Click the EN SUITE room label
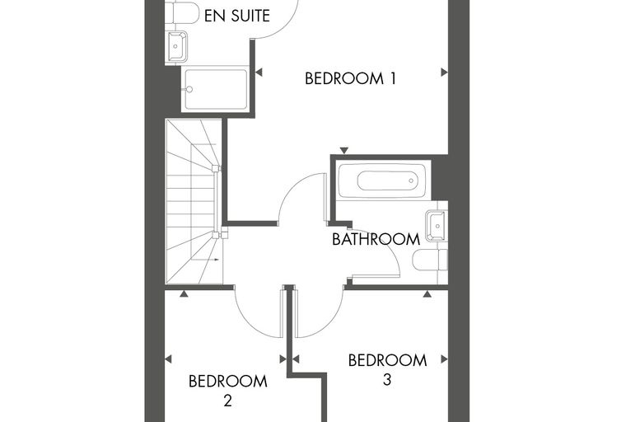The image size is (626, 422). pyautogui.click(x=237, y=16)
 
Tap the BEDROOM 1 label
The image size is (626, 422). pyautogui.click(x=351, y=78)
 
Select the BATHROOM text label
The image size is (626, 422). pyautogui.click(x=376, y=239)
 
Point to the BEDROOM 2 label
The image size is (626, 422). pyautogui.click(x=227, y=391)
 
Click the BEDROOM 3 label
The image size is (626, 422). pyautogui.click(x=387, y=369)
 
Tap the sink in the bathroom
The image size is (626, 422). pyautogui.click(x=436, y=226)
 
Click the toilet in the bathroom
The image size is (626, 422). pyautogui.click(x=430, y=260)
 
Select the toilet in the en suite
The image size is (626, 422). pyautogui.click(x=182, y=13)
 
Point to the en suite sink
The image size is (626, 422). pyautogui.click(x=176, y=46)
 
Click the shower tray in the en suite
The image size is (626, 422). pyautogui.click(x=216, y=90)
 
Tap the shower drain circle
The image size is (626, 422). pyautogui.click(x=189, y=90)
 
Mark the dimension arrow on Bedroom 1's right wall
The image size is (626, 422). pyautogui.click(x=444, y=73)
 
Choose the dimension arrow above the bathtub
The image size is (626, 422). pyautogui.click(x=344, y=151)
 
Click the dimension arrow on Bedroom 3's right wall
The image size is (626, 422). pyautogui.click(x=444, y=359)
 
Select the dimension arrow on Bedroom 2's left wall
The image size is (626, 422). pyautogui.click(x=169, y=359)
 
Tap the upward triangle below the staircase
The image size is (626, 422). pyautogui.click(x=184, y=293)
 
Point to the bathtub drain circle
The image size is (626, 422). pyautogui.click(x=411, y=181)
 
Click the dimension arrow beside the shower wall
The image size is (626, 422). pyautogui.click(x=259, y=73)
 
